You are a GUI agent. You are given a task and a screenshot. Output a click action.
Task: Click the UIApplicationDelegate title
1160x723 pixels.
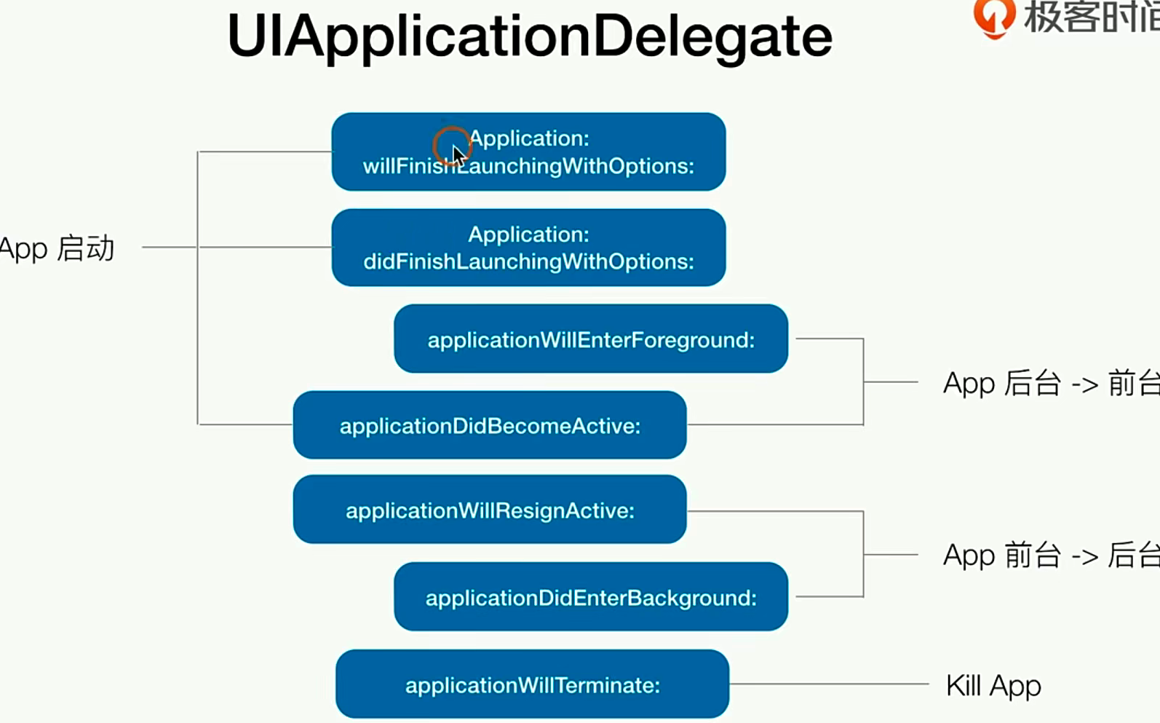pyautogui.click(x=529, y=36)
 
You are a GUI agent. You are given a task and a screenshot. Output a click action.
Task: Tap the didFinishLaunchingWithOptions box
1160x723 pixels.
pyautogui.click(x=528, y=248)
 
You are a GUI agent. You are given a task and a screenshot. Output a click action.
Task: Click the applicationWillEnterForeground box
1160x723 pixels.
pyautogui.click(x=590, y=339)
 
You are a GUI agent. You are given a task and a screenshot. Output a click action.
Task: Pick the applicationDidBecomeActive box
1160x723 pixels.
pyautogui.click(x=489, y=425)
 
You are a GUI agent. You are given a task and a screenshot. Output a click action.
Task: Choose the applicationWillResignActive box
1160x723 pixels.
pyautogui.click(x=489, y=510)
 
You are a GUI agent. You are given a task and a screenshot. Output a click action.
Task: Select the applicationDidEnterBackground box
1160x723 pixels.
pyautogui.click(x=590, y=597)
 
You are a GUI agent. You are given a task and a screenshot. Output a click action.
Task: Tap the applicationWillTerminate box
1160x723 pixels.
pyautogui.click(x=532, y=684)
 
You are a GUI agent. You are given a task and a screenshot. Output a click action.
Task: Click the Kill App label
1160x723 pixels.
pyautogui.click(x=993, y=685)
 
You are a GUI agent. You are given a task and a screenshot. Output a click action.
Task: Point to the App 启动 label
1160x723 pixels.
pyautogui.click(x=57, y=248)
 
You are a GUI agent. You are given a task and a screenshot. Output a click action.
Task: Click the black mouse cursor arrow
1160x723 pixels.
pyautogui.click(x=458, y=155)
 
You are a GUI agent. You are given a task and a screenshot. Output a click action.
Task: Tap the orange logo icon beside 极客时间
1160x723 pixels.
pyautogui.click(x=993, y=17)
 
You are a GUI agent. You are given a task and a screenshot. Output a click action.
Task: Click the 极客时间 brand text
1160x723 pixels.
pyautogui.click(x=1091, y=17)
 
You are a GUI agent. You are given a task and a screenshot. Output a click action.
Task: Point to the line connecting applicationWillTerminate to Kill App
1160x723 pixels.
pyautogui.click(x=830, y=684)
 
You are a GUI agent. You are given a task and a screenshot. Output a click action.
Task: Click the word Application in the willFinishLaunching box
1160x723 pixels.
pyautogui.click(x=529, y=138)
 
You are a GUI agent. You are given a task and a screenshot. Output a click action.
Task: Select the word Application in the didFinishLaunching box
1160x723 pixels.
pyautogui.click(x=528, y=234)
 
